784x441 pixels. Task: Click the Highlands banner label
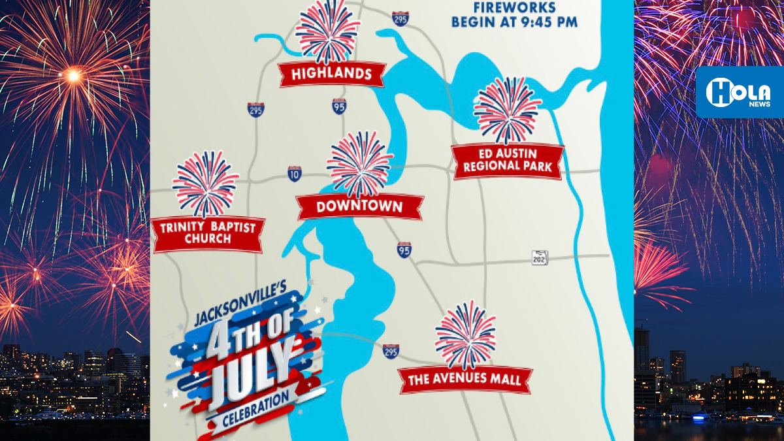click(x=331, y=74)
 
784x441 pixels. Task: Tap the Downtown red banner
click(x=359, y=207)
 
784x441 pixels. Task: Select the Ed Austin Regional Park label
click(x=508, y=161)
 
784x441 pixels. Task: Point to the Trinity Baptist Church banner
click(x=208, y=233)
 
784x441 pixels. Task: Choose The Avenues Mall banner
click(x=465, y=380)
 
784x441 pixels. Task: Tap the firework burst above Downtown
click(x=359, y=163)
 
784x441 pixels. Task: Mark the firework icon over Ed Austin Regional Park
click(x=507, y=110)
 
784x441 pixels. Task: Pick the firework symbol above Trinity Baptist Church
click(x=206, y=184)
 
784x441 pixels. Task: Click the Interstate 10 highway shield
click(x=295, y=173)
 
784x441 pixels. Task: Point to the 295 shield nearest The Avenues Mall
click(x=391, y=351)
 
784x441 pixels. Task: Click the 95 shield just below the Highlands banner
click(x=338, y=106)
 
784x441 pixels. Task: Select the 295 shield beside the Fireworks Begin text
click(x=400, y=18)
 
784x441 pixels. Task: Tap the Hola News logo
click(x=739, y=92)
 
